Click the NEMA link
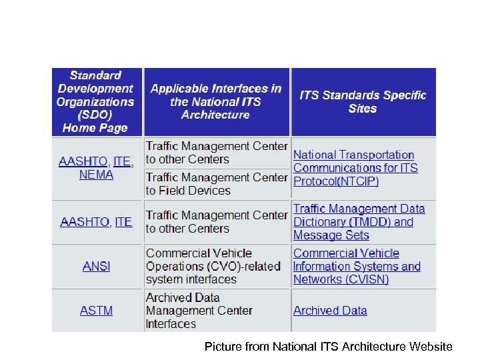[96, 175]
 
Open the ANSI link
[96, 266]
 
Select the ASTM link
[96, 311]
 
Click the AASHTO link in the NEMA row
[83, 161]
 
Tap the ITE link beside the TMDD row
[123, 222]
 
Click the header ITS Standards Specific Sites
[363, 101]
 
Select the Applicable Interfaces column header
[216, 101]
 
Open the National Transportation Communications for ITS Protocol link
[354, 161]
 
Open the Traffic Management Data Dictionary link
[359, 215]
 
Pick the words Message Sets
[331, 235]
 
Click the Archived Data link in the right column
[330, 311]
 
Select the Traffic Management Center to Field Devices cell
[216, 184]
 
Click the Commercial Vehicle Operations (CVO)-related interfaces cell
[213, 266]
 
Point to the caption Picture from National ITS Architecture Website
[328, 347]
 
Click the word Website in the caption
[429, 347]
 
